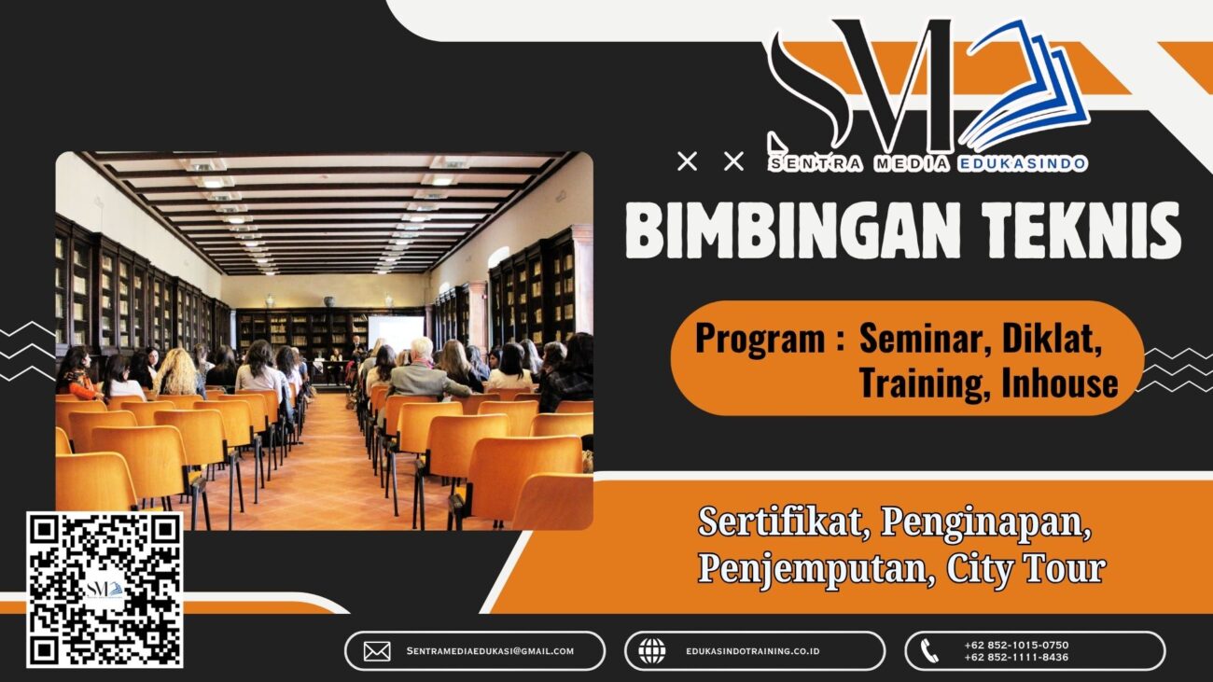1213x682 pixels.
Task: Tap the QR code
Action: [x=105, y=590]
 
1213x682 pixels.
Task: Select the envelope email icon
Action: [x=377, y=651]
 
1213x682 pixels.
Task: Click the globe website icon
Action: [x=651, y=651]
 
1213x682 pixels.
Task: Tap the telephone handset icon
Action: [x=929, y=651]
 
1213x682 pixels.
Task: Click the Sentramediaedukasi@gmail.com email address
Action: [x=490, y=651]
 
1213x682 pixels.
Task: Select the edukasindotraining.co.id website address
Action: [x=752, y=651]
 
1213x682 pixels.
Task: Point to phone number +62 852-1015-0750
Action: [x=1016, y=645]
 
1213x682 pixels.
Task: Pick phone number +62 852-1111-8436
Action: [x=1016, y=658]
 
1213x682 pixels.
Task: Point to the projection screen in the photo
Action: [x=396, y=331]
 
